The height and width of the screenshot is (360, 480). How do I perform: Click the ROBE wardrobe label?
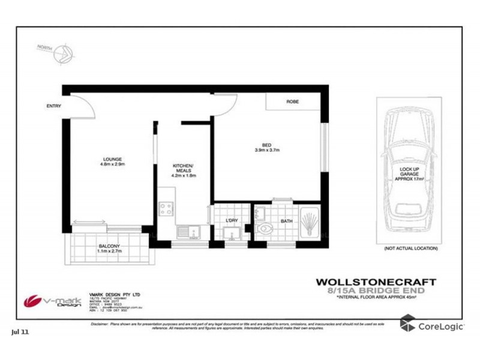tap(292, 102)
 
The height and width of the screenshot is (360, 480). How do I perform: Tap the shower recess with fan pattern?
tap(310, 223)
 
